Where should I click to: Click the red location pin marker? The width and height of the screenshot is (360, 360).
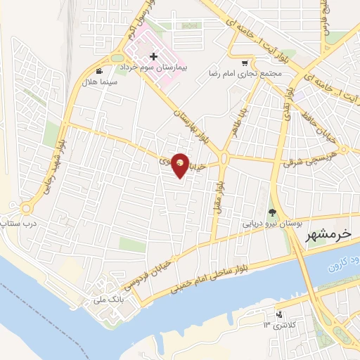[x=181, y=165]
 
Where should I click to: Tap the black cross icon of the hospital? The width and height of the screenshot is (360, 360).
[x=153, y=56]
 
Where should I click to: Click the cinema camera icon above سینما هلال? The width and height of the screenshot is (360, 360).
[x=101, y=71]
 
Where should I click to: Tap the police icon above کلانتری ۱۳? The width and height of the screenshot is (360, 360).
[x=280, y=314]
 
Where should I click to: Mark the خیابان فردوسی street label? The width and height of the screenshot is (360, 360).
[x=149, y=275]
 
